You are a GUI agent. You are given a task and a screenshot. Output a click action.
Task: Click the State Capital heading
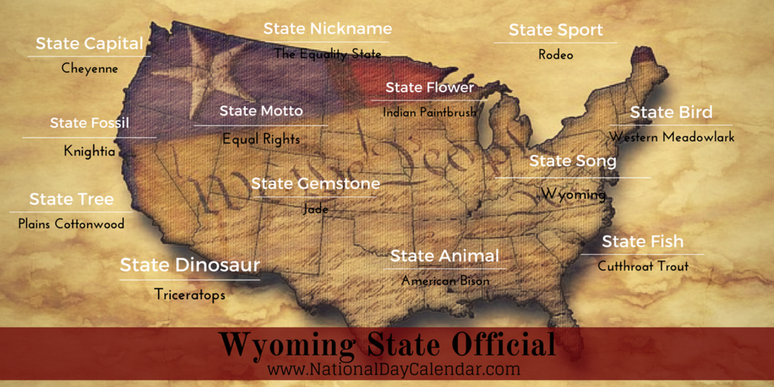[x=89, y=44]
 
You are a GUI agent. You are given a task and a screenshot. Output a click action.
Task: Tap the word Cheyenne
[x=90, y=68]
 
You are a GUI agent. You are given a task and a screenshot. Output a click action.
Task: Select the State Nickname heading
[x=327, y=28]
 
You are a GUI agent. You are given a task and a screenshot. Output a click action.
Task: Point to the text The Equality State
[x=328, y=54]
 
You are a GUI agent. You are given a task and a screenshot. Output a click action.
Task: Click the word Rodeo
[x=555, y=55]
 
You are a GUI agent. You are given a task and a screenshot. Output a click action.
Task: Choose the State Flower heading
[x=430, y=87]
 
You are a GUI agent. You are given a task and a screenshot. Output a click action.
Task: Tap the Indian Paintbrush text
[x=430, y=112]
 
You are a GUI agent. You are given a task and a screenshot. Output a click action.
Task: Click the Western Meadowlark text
[x=671, y=137]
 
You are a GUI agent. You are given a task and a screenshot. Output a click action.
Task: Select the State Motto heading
[x=261, y=111]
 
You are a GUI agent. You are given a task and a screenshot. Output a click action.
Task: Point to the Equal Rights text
[x=261, y=138]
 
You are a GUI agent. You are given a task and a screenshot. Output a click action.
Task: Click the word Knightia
[x=89, y=151]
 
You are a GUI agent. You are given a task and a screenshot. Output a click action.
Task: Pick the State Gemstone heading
[x=315, y=184]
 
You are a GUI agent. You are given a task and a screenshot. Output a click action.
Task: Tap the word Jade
[x=315, y=209]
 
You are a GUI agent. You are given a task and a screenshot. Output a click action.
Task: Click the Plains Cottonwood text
[x=71, y=224]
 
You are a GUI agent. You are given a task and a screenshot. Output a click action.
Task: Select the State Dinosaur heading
[x=190, y=264]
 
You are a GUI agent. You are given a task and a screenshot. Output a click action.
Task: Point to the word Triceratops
[x=190, y=294]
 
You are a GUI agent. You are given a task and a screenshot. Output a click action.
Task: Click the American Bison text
[x=445, y=281]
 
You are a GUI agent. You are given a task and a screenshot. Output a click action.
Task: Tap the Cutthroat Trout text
[x=642, y=266]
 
